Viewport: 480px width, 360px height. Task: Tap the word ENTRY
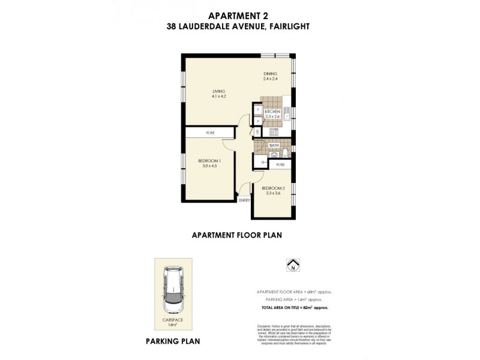(x=244, y=200)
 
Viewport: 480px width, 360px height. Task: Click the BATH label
(x=274, y=146)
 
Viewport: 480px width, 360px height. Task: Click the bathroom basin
(x=274, y=155)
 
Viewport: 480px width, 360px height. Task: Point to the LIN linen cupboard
(x=257, y=132)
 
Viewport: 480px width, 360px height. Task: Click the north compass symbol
(x=293, y=265)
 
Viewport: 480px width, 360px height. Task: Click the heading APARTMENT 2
(x=240, y=17)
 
